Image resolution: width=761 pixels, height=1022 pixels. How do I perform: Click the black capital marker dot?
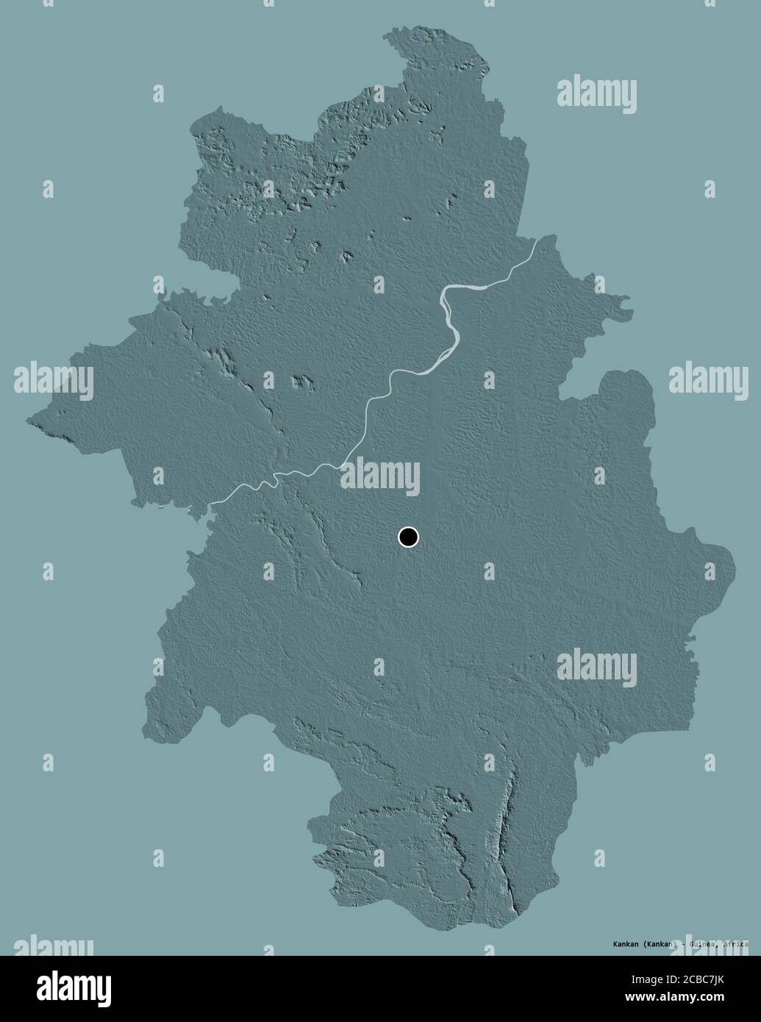(408, 537)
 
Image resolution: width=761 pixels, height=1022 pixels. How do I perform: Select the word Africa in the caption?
(735, 944)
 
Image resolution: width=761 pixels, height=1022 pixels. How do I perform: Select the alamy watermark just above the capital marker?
(379, 474)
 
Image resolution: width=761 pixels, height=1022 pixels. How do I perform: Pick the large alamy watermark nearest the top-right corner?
(596, 93)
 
